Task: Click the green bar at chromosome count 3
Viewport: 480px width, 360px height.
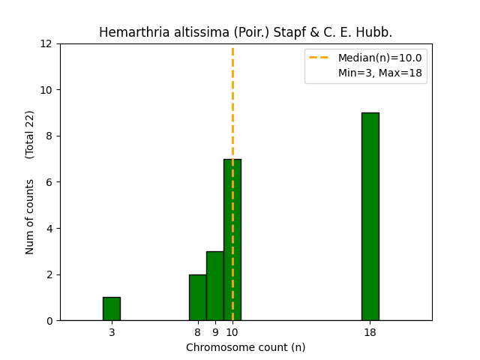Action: click(x=111, y=309)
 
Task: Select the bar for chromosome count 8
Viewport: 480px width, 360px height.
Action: click(x=197, y=298)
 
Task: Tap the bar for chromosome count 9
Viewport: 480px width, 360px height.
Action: click(x=214, y=286)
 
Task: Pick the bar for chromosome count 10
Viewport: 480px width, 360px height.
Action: click(x=232, y=240)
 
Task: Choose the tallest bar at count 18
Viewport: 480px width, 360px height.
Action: click(x=370, y=217)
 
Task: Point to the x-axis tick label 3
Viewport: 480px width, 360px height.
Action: click(x=112, y=332)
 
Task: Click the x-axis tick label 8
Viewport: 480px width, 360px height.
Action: click(x=198, y=332)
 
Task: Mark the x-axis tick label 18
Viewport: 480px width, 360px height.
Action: click(x=370, y=332)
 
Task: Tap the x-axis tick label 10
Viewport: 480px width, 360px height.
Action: click(x=232, y=332)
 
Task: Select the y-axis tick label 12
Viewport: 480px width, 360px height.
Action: click(x=46, y=44)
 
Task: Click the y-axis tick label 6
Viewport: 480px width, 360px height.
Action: click(x=49, y=182)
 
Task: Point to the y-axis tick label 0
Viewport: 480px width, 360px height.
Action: click(x=49, y=321)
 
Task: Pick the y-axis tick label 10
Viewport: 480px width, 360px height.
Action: click(x=46, y=90)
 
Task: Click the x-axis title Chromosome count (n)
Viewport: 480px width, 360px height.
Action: click(x=246, y=347)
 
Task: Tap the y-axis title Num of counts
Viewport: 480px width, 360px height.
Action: click(x=31, y=217)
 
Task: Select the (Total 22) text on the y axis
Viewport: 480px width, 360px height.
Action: click(x=31, y=134)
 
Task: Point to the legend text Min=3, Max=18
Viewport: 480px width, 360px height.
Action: click(x=379, y=73)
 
